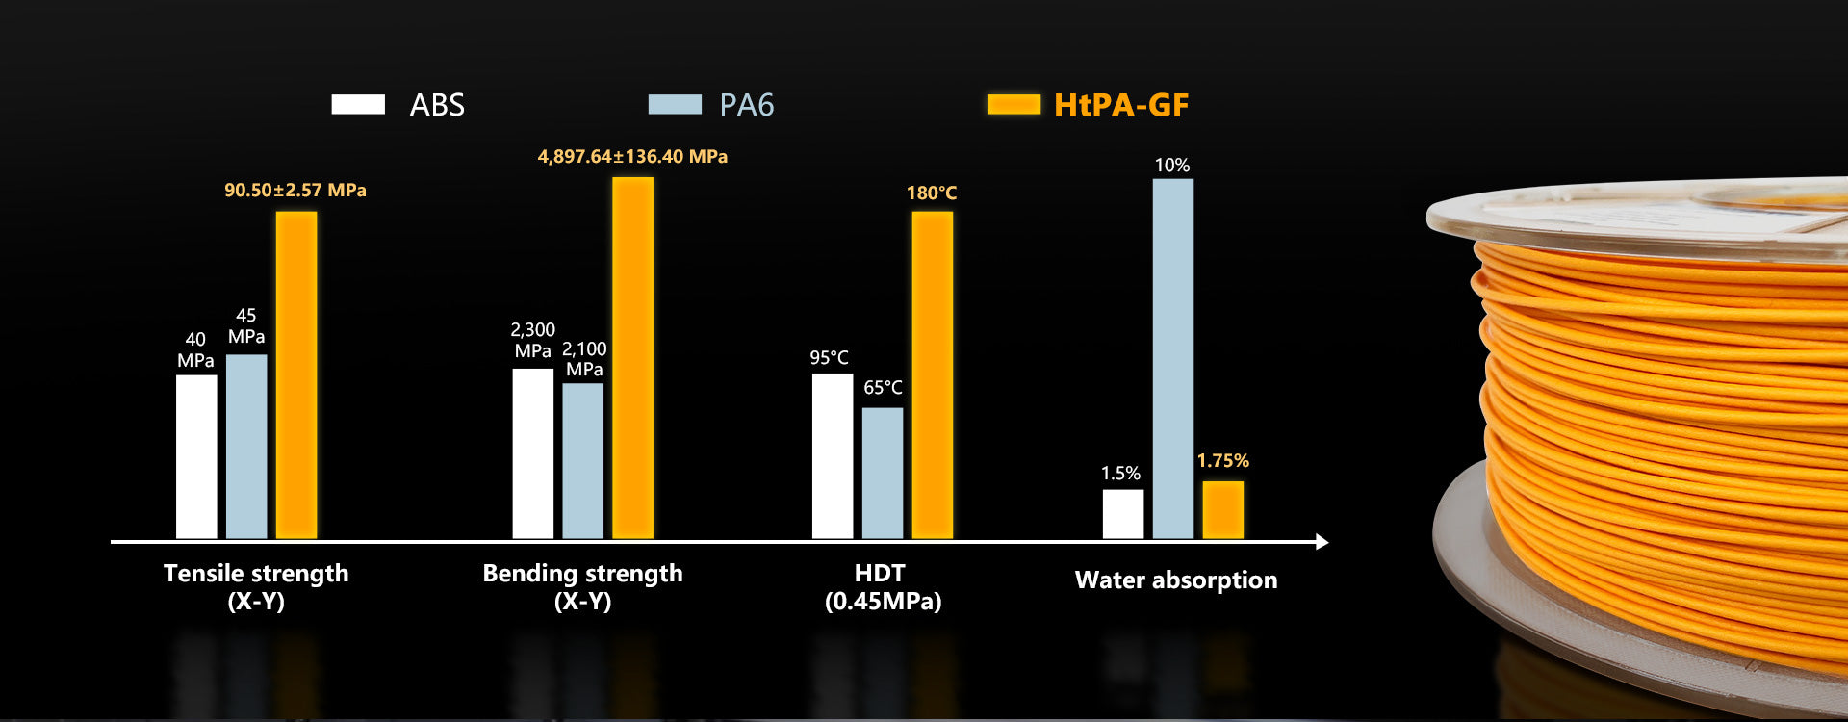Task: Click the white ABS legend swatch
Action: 358,104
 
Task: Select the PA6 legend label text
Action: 746,105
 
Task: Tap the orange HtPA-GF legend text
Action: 1121,105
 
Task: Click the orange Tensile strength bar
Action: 296,375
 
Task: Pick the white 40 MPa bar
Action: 196,456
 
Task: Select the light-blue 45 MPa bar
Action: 246,447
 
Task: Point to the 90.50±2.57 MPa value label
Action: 295,191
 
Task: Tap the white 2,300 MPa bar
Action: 532,453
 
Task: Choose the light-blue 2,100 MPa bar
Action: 582,461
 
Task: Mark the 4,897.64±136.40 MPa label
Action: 632,157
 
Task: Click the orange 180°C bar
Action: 932,375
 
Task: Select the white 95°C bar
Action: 833,456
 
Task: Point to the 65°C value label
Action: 883,388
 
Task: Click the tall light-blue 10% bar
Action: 1172,358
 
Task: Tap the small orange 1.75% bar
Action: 1222,510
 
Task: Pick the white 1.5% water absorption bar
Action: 1123,514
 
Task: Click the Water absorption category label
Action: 1176,580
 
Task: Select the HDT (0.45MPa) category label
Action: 882,587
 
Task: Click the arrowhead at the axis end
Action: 1322,542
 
